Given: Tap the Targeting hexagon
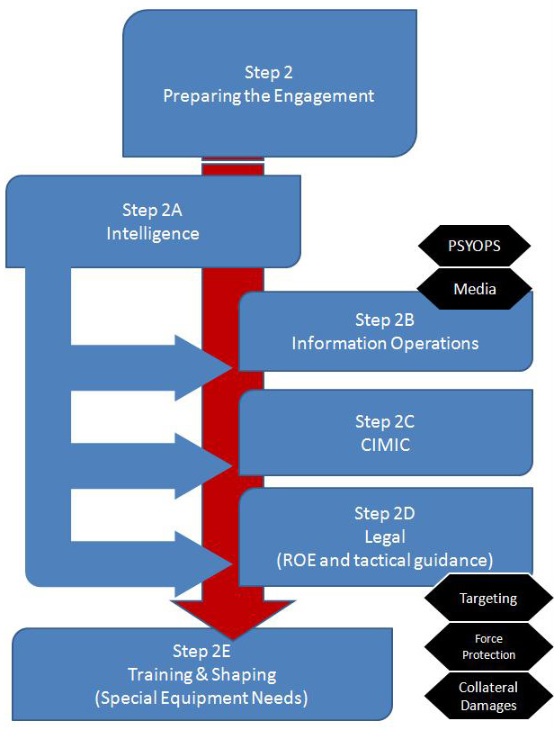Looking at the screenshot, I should [487, 598].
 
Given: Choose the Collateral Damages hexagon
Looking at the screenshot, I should [488, 696].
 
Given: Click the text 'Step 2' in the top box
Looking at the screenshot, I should [269, 73].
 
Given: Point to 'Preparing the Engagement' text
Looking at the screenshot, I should [269, 95].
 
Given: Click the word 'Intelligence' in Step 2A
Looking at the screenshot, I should [153, 233].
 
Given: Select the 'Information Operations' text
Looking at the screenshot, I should [385, 343].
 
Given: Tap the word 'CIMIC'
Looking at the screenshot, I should [385, 445].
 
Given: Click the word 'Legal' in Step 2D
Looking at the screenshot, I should [385, 537].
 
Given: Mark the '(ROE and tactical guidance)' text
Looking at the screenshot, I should [385, 560].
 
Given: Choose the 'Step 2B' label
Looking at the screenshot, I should [385, 320].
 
